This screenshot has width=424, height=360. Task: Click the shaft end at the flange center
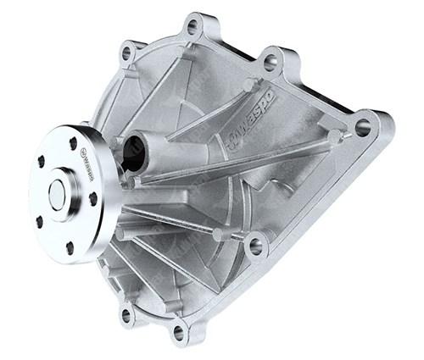pos(57,193)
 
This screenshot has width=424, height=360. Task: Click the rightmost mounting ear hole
pos(363,128)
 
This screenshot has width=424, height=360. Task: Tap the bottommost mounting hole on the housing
pos(179,331)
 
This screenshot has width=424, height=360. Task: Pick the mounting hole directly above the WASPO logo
pos(270,62)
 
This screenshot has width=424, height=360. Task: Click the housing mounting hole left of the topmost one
pos(128,53)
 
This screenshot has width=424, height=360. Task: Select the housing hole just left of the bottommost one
pos(126,315)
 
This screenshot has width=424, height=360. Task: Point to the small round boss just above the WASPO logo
pos(248,86)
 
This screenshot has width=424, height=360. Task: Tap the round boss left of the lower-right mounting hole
pos(219,234)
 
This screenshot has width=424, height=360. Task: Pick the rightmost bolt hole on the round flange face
pos(92,198)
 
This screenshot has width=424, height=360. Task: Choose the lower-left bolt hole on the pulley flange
pos(39,221)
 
